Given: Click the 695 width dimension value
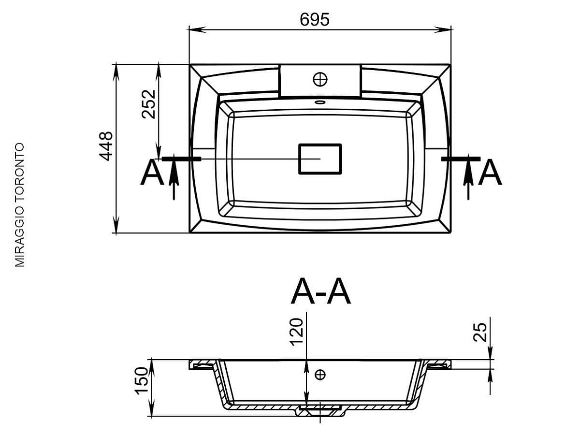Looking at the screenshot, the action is [x=315, y=19].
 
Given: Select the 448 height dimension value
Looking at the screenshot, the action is [x=106, y=146].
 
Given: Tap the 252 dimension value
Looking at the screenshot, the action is [x=148, y=104].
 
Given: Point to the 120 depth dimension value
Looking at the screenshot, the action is [x=296, y=332].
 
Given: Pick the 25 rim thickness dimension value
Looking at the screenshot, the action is [x=480, y=332].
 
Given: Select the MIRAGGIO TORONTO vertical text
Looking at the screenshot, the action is [x=19, y=205].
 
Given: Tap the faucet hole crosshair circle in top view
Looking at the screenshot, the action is [x=320, y=79].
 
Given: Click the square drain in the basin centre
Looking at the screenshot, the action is [x=320, y=159].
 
